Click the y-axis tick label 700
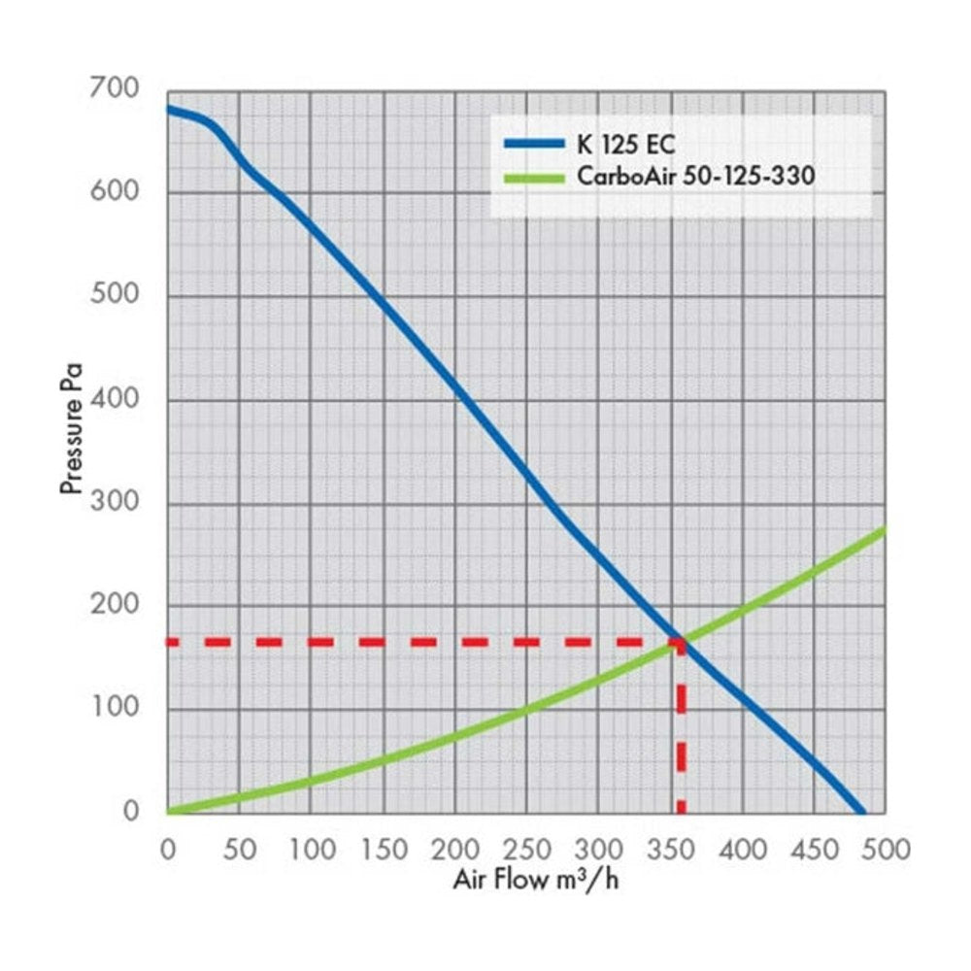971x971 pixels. (115, 88)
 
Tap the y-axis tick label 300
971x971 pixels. (115, 500)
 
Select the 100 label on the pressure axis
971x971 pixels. (116, 707)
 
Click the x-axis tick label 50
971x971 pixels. (239, 850)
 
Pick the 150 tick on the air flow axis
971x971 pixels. (384, 850)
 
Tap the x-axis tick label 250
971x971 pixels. (527, 850)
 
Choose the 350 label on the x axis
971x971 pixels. (671, 850)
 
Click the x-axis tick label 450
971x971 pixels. (815, 850)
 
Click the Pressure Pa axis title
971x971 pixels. (71, 429)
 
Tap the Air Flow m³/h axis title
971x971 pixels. (536, 880)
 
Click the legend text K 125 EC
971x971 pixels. (625, 145)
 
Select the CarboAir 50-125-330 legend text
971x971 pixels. (695, 176)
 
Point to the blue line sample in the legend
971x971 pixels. (534, 144)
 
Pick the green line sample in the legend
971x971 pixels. (534, 179)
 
